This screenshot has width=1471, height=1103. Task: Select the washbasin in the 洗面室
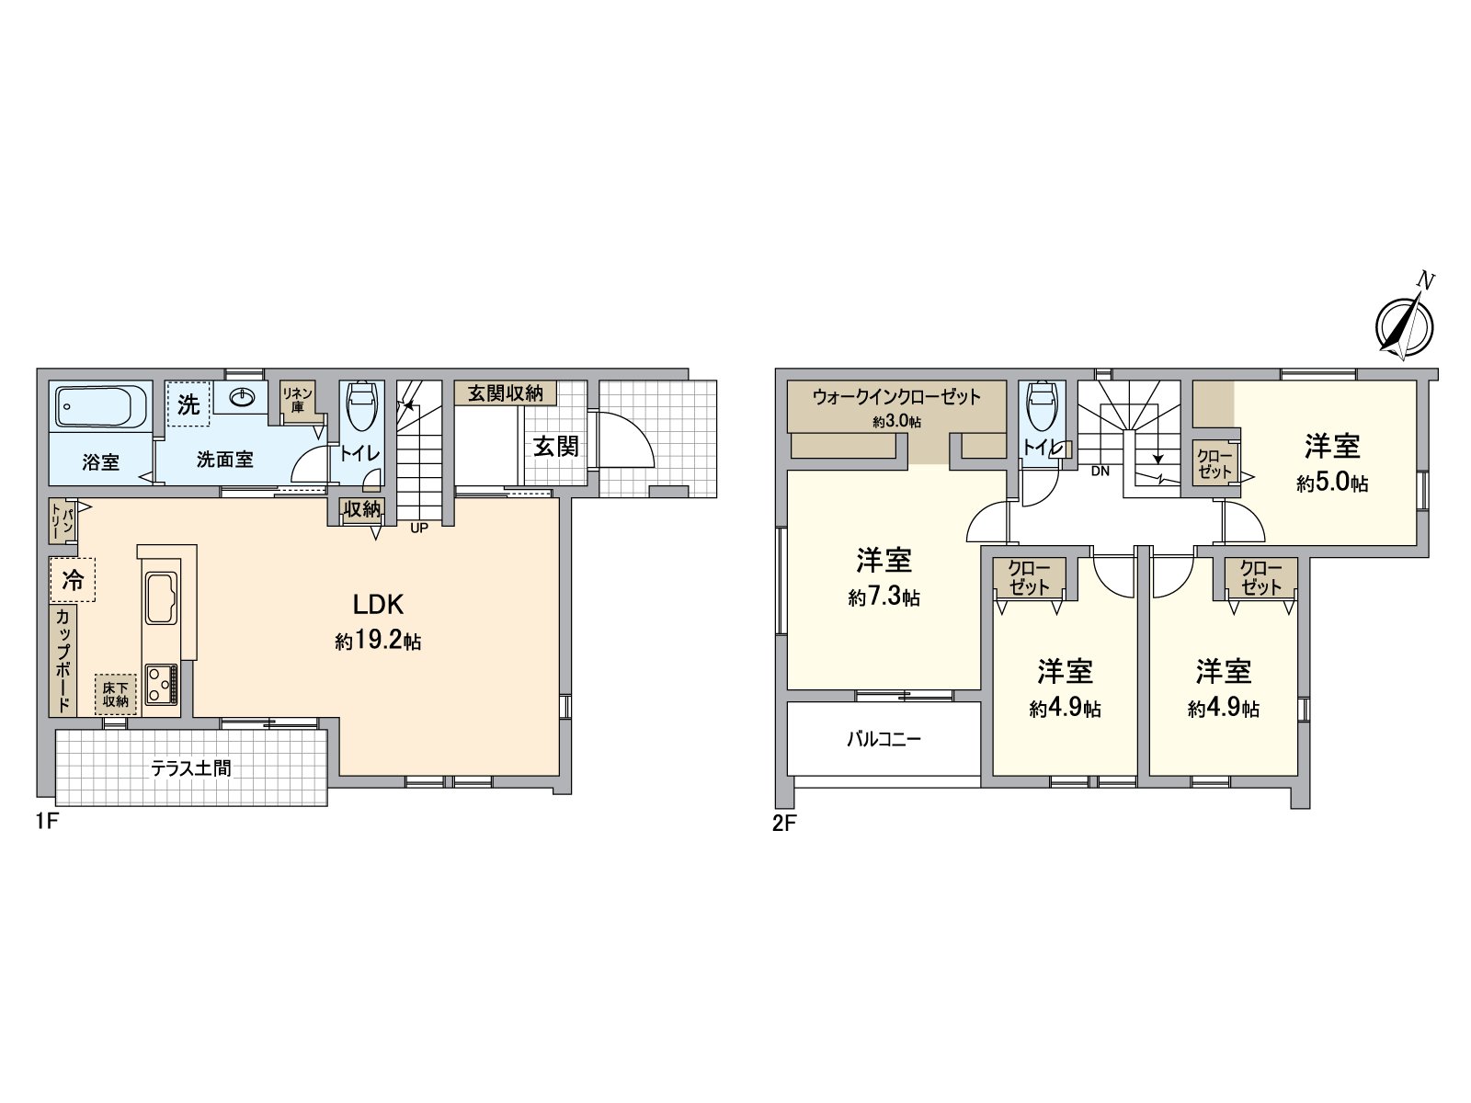[244, 397]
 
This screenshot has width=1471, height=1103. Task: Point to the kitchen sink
[163, 599]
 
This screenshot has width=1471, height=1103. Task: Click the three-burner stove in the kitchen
[163, 683]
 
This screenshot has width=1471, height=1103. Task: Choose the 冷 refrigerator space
[73, 580]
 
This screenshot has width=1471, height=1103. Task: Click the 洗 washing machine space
[188, 404]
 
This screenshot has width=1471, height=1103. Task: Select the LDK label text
[379, 604]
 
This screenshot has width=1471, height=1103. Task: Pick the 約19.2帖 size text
[378, 642]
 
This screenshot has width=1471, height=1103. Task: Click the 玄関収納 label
[505, 393]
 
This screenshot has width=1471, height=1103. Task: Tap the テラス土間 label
[190, 768]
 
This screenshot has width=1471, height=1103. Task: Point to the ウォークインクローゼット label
[896, 397]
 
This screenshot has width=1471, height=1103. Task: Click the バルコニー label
[884, 738]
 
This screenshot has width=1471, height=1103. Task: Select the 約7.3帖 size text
[884, 597]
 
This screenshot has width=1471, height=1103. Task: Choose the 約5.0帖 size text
[1332, 483]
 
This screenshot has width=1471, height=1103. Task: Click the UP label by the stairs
[419, 528]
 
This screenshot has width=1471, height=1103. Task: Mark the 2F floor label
[783, 824]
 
